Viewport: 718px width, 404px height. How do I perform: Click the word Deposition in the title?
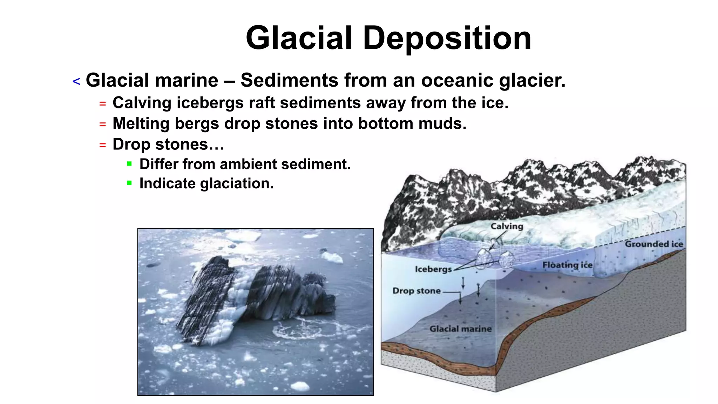(447, 38)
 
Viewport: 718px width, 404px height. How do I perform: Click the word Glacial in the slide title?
(299, 38)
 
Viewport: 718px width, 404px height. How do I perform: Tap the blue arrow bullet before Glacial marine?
(76, 82)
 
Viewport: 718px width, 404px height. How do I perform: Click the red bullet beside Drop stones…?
(102, 145)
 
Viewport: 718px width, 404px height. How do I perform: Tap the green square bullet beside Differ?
(129, 164)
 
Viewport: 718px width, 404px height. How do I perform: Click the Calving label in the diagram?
(507, 226)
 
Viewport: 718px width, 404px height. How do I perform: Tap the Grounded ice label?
(654, 244)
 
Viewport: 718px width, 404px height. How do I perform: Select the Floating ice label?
(567, 265)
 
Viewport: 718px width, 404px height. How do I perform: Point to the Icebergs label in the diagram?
(433, 269)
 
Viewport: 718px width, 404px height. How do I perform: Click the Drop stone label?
(416, 291)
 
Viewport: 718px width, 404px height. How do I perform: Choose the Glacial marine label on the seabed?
(460, 329)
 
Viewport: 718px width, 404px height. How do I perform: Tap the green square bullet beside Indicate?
(129, 183)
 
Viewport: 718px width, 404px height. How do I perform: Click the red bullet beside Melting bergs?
(102, 124)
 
